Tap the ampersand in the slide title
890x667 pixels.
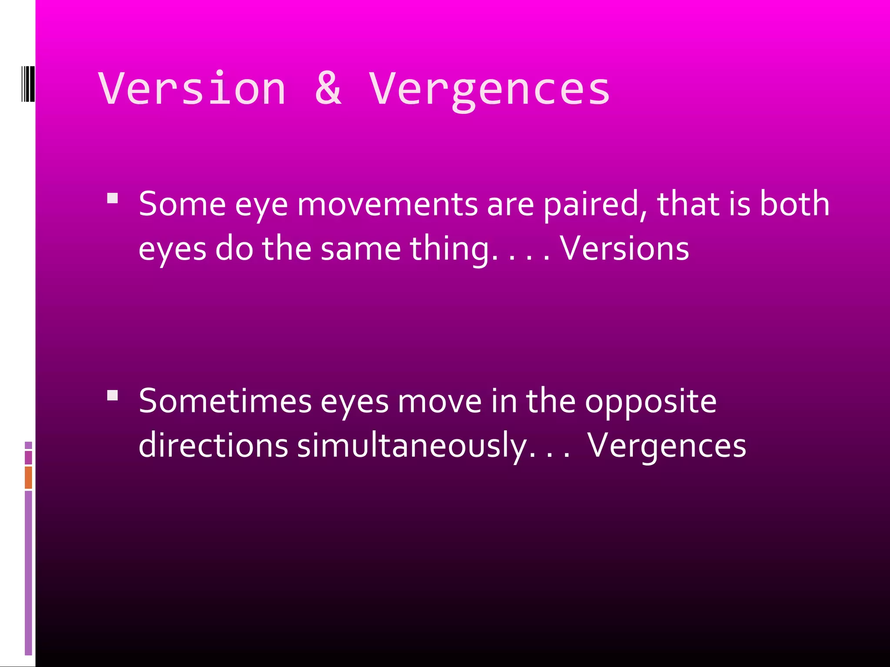tap(328, 89)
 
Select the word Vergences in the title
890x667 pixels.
tap(489, 90)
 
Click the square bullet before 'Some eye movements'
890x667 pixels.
tap(113, 199)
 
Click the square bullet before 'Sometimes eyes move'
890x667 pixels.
tap(113, 395)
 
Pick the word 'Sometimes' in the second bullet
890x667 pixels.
tap(225, 401)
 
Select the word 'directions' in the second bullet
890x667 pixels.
tap(213, 446)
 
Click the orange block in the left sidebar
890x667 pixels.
tap(28, 477)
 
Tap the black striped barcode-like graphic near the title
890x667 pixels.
tap(28, 83)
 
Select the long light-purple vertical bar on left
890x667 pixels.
tap(28, 572)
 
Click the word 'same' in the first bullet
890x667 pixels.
tap(361, 249)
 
